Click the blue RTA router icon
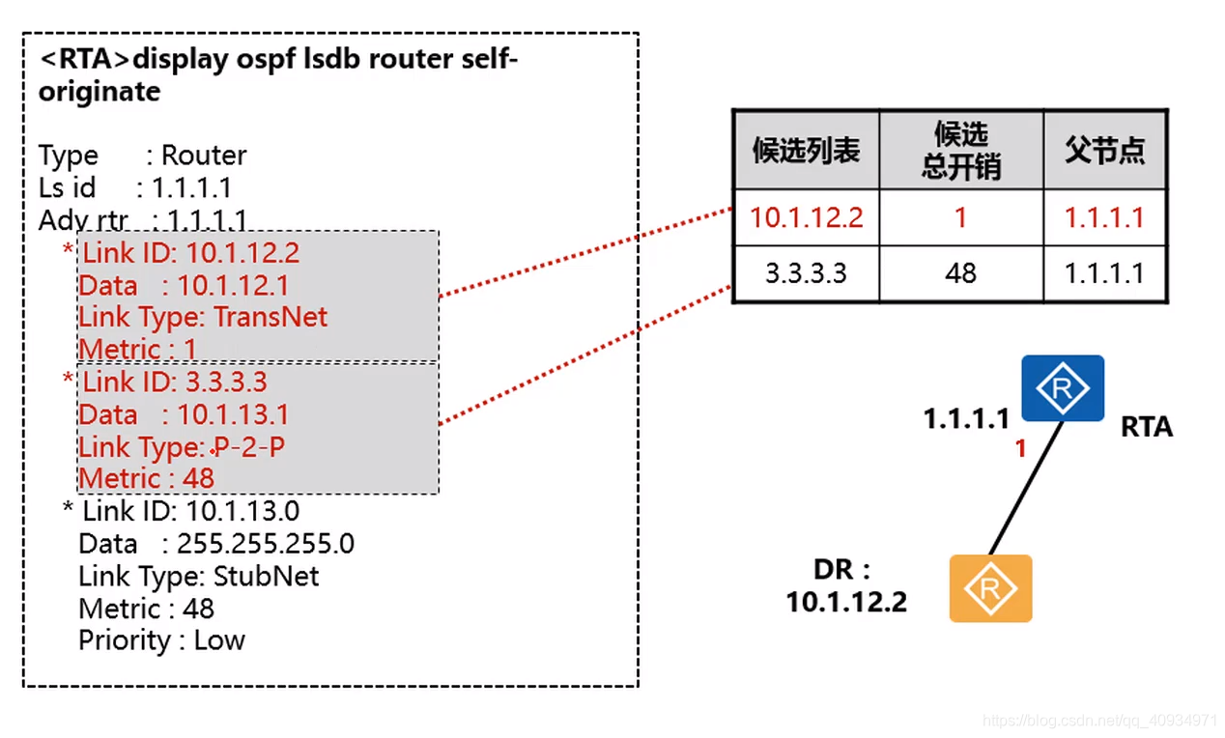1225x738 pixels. [x=1063, y=388]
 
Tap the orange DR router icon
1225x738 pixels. [x=990, y=587]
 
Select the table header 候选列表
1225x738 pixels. [x=806, y=150]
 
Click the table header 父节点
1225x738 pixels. [x=1105, y=150]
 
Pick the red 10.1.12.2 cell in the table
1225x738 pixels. [x=806, y=217]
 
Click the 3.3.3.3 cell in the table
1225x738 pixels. [x=806, y=273]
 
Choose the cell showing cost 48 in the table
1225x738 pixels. [x=960, y=273]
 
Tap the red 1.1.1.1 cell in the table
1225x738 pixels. [x=1104, y=217]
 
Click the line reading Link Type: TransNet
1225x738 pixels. [x=203, y=317]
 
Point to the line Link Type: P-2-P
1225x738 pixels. [x=182, y=447]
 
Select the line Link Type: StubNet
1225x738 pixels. [x=198, y=577]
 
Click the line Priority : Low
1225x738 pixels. [x=161, y=640]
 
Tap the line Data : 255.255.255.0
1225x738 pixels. [x=216, y=544]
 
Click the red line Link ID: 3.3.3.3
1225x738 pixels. [x=174, y=383]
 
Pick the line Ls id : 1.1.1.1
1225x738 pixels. [x=134, y=187]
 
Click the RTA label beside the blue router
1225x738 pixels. [x=1146, y=427]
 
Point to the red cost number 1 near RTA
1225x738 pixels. [x=1019, y=448]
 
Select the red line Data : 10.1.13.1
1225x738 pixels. [x=184, y=415]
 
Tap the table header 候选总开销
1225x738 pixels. [x=960, y=150]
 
